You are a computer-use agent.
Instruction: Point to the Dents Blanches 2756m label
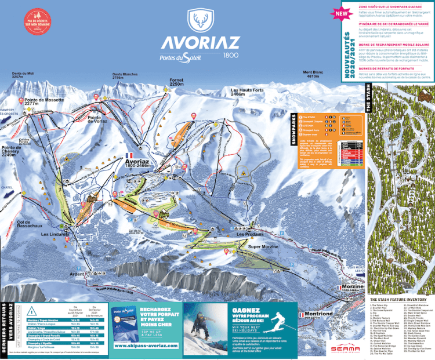(x=125, y=75)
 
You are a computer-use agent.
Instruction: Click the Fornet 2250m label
(x=176, y=82)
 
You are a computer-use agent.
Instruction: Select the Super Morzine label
(x=263, y=246)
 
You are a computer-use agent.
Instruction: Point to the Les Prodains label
(x=250, y=234)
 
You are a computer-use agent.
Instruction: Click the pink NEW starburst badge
(x=342, y=11)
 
